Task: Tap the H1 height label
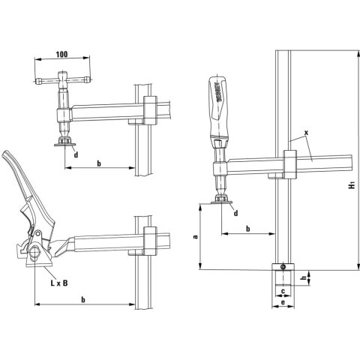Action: tap(352, 184)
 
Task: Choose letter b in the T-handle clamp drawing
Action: tap(98, 163)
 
